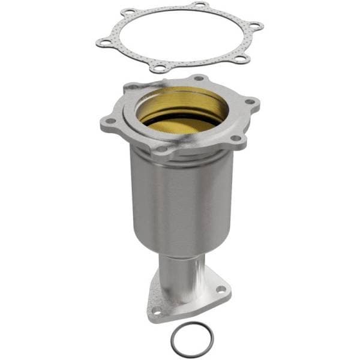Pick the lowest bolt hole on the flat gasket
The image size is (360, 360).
tap(159, 67)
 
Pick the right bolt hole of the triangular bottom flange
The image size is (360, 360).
tap(221, 289)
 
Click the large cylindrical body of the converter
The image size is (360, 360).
tap(180, 198)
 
